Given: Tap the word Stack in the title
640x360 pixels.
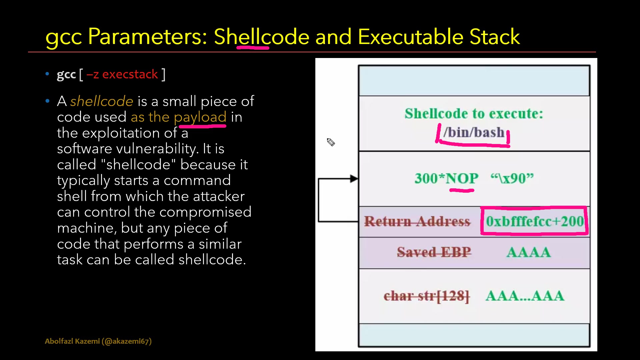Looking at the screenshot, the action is tap(495, 36).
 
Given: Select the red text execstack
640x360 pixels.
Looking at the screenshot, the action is tap(130, 74).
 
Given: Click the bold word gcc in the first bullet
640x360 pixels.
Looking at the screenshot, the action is tap(66, 75).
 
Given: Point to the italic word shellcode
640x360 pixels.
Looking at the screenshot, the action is tap(102, 101).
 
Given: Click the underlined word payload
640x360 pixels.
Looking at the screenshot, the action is tap(200, 118).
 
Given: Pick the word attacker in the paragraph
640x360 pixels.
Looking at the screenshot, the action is tap(219, 196).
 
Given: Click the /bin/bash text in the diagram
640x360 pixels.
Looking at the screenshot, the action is tap(474, 133).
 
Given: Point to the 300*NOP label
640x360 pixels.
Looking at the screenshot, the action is tap(446, 178).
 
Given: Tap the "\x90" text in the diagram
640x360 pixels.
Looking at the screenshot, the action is tap(512, 178).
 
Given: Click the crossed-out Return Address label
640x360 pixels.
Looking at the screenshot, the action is tap(417, 221).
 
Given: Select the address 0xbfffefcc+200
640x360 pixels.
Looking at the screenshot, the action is tap(535, 221).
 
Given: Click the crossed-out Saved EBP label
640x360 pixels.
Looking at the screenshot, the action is tap(434, 252).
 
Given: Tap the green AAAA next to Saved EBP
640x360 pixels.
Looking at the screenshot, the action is tap(528, 252).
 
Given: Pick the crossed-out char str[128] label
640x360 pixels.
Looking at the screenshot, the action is tap(426, 296).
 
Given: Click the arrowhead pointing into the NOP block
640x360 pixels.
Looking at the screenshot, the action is tap(354, 179).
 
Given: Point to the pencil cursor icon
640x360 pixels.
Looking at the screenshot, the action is tap(331, 142).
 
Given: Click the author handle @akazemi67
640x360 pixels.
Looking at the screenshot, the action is tap(128, 341).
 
